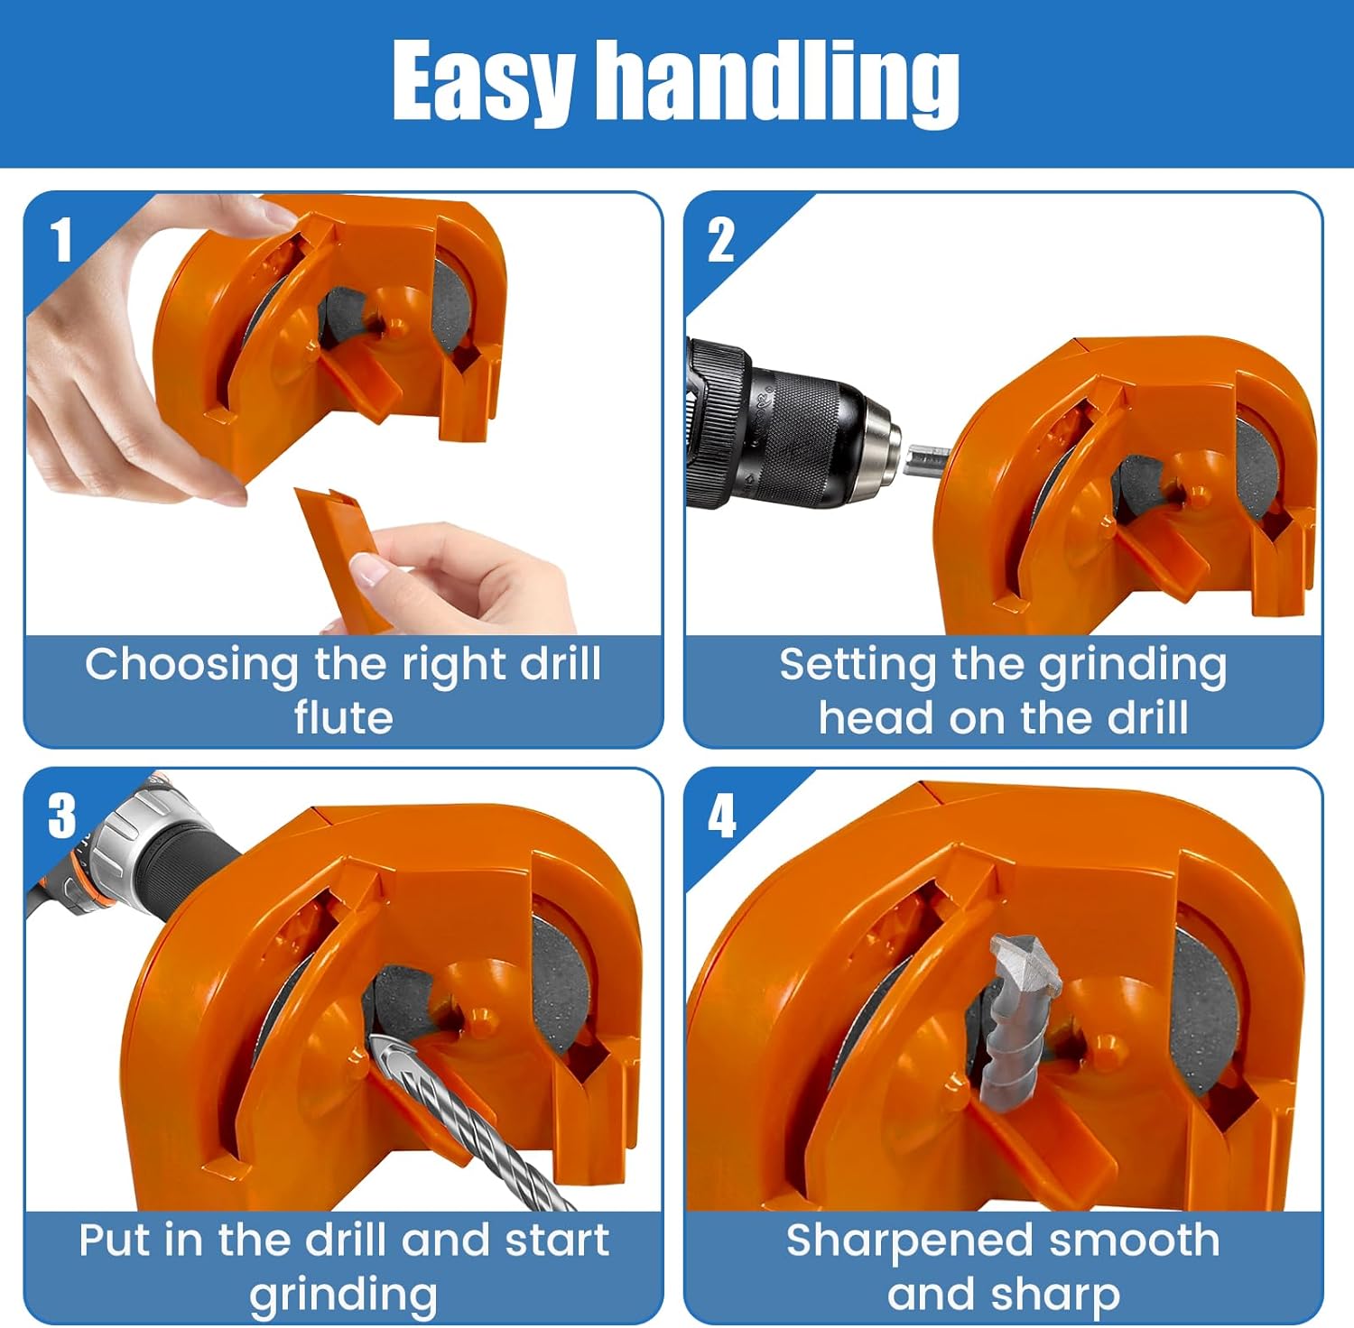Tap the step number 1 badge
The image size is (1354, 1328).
[x=61, y=240]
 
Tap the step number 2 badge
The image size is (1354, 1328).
[x=720, y=240]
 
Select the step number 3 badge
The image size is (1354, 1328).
[x=61, y=816]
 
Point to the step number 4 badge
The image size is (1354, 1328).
[x=721, y=816]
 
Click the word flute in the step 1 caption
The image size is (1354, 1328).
[x=344, y=718]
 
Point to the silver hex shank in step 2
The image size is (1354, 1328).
[x=927, y=461]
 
